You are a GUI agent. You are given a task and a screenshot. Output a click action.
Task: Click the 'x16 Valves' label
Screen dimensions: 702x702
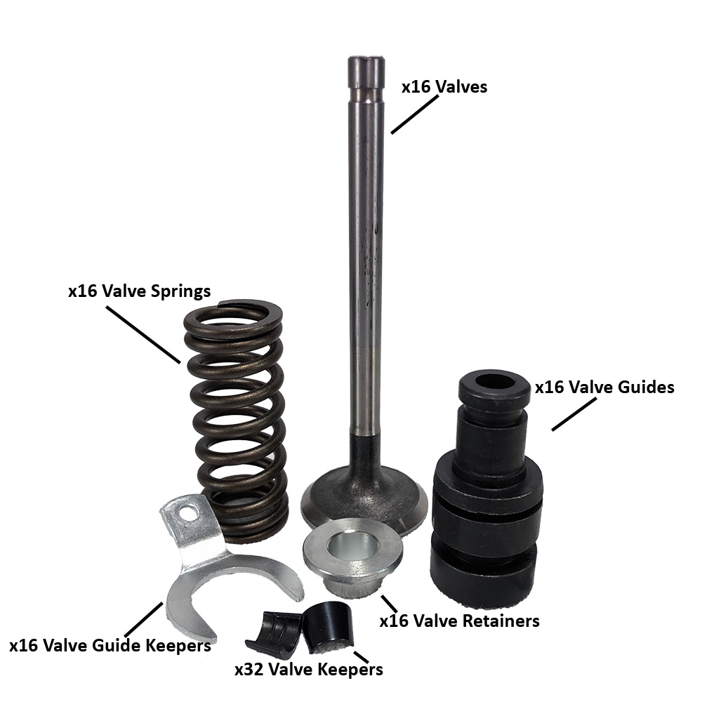click(x=444, y=86)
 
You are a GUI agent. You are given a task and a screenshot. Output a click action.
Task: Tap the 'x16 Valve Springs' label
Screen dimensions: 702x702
click(x=139, y=291)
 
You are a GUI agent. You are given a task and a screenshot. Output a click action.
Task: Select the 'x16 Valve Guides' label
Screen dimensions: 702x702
click(x=604, y=387)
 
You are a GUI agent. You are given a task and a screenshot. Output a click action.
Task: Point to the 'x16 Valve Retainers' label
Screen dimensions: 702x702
click(x=459, y=621)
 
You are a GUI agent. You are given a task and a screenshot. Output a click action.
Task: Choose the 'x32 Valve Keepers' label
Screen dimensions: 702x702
click(x=309, y=669)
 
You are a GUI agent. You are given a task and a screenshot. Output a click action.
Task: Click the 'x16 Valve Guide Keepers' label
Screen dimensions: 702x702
click(x=110, y=646)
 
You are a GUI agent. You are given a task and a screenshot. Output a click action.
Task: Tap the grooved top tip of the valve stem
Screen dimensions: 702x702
click(x=366, y=74)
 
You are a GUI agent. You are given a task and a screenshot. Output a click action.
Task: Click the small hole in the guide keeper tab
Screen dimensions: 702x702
click(x=187, y=512)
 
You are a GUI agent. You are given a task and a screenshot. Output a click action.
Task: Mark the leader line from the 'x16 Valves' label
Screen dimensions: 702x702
click(x=415, y=114)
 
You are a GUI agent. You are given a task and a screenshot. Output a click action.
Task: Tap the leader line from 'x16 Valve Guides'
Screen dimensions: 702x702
click(x=574, y=414)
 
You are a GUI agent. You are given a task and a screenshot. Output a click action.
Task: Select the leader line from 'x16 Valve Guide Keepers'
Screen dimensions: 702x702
click(x=144, y=620)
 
